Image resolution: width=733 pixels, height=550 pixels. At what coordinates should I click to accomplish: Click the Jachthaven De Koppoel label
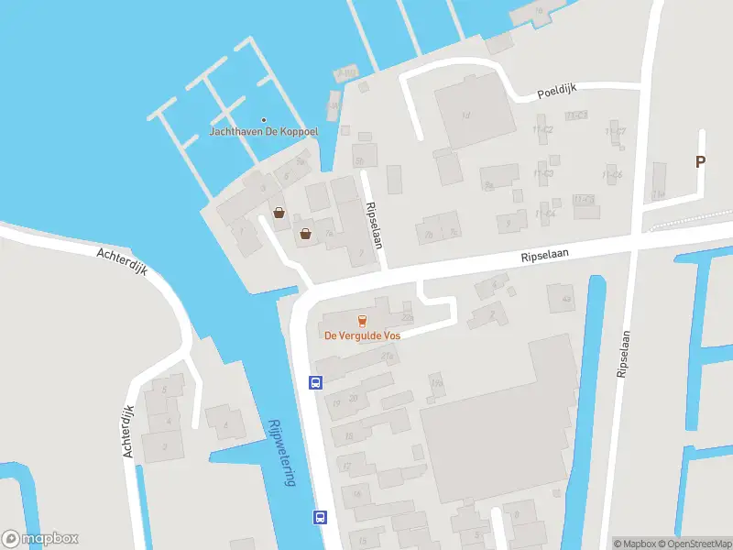coord(264,131)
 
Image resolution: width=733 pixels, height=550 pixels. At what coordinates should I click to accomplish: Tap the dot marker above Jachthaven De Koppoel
coord(264,119)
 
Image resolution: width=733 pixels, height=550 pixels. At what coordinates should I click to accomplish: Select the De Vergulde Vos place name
coord(362,335)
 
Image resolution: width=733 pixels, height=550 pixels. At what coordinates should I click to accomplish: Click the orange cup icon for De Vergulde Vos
coord(362,320)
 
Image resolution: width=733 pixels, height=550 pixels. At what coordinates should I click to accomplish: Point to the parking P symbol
coord(701,162)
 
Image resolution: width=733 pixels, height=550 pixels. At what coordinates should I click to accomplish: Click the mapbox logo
coord(40,539)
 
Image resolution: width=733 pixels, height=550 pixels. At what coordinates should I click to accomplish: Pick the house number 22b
coord(408,318)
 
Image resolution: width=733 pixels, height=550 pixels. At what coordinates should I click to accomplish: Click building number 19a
coord(436,383)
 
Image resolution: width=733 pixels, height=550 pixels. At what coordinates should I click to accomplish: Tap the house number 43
coord(566,300)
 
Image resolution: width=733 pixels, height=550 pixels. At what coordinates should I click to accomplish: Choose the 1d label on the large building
coord(465,115)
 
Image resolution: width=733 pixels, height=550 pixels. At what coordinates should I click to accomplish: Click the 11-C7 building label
coord(617,131)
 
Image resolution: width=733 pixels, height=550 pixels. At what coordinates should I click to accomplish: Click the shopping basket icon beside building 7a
coord(306,234)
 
